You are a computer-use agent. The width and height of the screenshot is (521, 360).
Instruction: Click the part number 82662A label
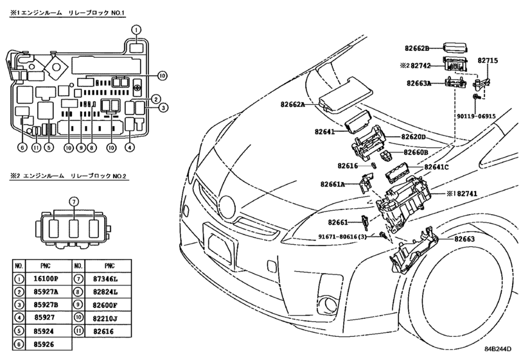[293, 104]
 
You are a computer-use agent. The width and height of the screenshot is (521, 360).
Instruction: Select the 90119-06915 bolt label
[477, 116]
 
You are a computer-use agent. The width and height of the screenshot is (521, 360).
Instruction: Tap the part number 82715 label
[488, 60]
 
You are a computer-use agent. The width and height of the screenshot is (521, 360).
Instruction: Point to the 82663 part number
[464, 239]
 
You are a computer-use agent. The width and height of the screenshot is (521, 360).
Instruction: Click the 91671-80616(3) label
[342, 237]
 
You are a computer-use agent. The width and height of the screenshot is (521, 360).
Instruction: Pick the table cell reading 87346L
[105, 279]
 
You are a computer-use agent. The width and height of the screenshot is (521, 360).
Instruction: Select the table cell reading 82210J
[105, 318]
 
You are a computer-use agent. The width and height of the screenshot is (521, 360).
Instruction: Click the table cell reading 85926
[44, 345]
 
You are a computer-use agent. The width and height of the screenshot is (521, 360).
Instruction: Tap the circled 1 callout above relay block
[136, 30]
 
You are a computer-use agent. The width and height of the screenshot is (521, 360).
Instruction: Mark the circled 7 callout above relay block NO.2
[74, 201]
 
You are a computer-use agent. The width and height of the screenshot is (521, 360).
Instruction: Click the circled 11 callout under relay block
[36, 147]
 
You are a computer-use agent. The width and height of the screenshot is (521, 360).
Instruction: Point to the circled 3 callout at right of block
[163, 108]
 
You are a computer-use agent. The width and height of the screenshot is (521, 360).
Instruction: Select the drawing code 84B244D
[497, 349]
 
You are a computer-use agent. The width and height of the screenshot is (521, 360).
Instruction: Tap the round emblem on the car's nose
[227, 207]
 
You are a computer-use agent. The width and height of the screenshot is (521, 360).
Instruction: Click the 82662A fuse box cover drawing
[346, 94]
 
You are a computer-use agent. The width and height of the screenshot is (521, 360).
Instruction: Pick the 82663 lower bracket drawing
[414, 250]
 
